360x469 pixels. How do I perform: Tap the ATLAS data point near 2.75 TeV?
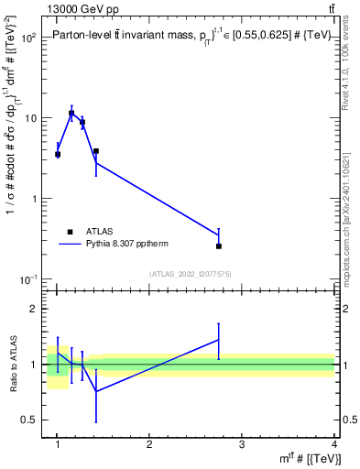pyautogui.click(x=219, y=245)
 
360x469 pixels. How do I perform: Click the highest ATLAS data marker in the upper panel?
pyautogui.click(x=71, y=114)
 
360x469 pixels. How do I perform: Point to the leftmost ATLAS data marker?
pyautogui.click(x=58, y=154)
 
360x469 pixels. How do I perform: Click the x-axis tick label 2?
pyautogui.click(x=149, y=445)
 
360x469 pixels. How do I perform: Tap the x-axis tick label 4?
pyautogui.click(x=334, y=445)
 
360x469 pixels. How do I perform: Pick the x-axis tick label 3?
pyautogui.click(x=242, y=445)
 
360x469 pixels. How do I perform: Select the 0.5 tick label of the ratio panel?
pyautogui.click(x=32, y=420)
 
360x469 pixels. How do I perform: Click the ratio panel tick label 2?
pyautogui.click(x=37, y=309)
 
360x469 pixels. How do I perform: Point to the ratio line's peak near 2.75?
pyautogui.click(x=219, y=340)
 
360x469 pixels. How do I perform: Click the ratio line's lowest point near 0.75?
pyautogui.click(x=96, y=391)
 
